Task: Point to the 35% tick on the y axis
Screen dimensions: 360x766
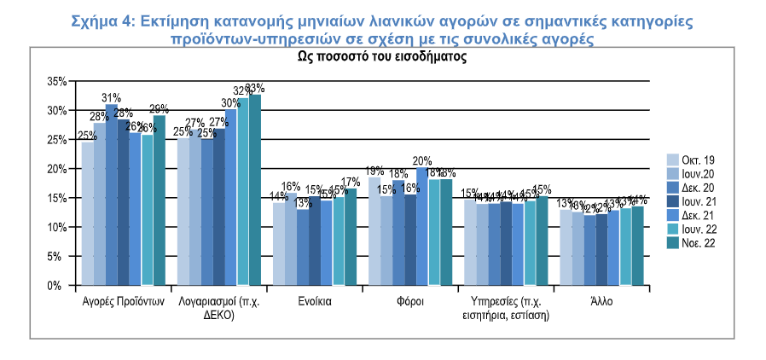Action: pos(55,81)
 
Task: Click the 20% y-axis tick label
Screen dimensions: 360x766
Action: pos(55,169)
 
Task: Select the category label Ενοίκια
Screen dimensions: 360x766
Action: pos(315,302)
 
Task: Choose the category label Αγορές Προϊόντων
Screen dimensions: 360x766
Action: pos(124,302)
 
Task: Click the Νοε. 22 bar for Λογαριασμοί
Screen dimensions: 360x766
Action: pos(254,189)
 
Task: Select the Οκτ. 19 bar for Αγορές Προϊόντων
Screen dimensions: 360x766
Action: pos(87,213)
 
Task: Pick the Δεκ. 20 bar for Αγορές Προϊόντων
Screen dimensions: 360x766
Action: pos(111,195)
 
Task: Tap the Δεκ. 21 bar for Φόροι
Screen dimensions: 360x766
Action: pos(422,227)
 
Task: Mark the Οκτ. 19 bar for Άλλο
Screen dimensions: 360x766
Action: pos(565,247)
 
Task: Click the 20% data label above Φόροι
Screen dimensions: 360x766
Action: pos(422,160)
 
